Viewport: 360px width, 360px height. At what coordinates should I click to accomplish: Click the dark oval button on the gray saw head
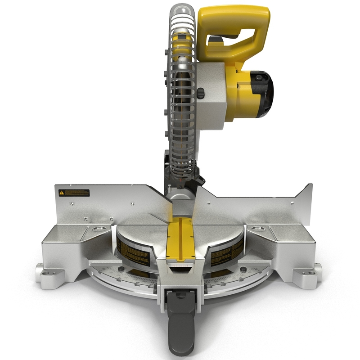click(201, 94)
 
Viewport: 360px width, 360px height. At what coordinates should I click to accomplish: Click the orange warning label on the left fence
click(74, 193)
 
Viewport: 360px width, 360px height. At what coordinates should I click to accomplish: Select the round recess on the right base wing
click(258, 229)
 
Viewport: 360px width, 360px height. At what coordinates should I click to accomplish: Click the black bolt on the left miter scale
click(120, 270)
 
